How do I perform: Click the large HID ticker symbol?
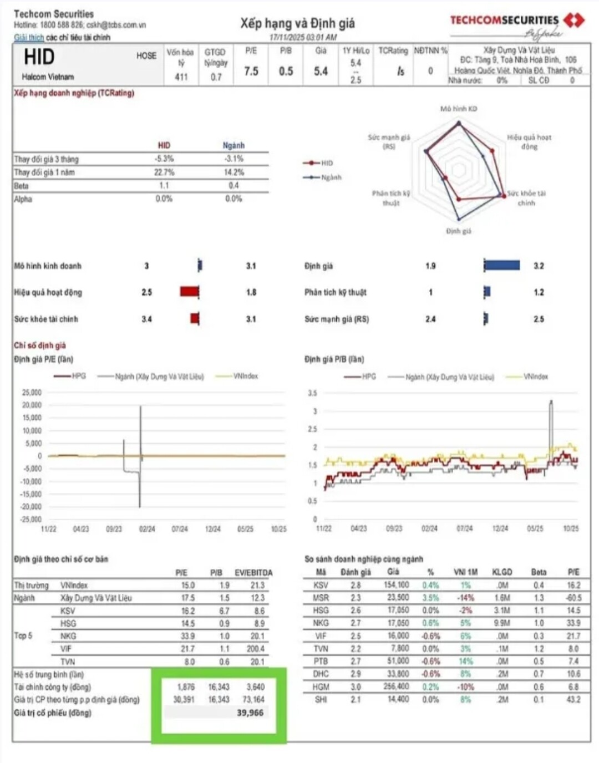point(39,57)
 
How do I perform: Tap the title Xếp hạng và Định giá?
point(297,23)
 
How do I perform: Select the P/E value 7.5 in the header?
point(251,71)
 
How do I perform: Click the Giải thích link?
point(29,37)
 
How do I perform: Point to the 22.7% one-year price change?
point(164,172)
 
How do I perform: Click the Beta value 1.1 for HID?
point(164,185)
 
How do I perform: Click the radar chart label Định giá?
point(459,231)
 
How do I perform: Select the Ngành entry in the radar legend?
point(323,177)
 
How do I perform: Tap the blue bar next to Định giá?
point(502,266)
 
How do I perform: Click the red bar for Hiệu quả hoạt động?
point(189,292)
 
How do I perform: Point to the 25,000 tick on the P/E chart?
point(32,392)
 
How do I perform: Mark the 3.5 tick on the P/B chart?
point(313,393)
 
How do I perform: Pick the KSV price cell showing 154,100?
point(396,585)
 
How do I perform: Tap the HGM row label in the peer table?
point(321,686)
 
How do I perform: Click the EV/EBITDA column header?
point(253,572)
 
